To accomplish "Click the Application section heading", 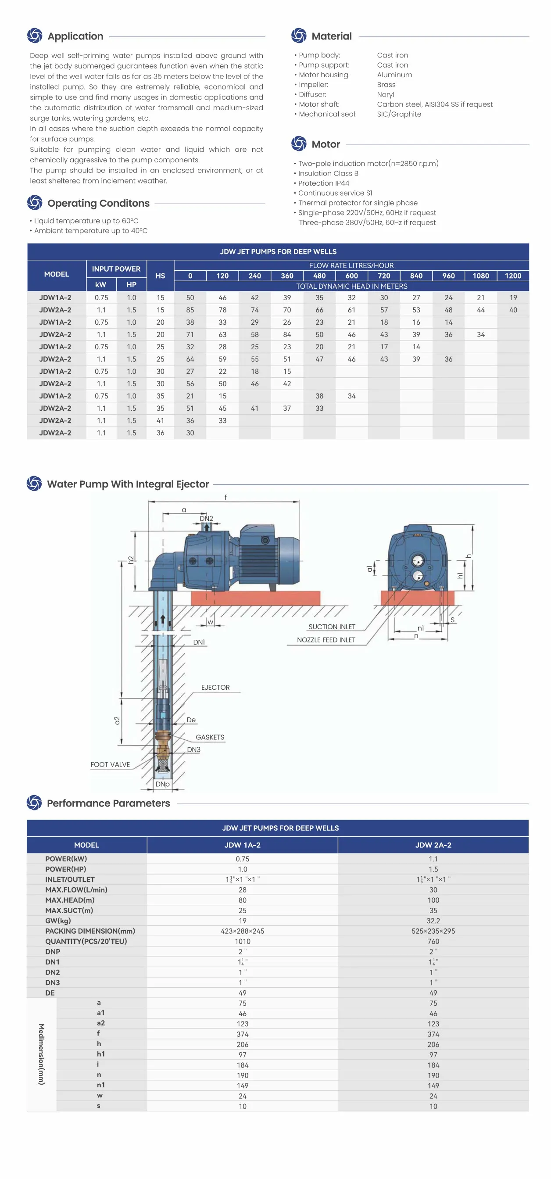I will pyautogui.click(x=75, y=36).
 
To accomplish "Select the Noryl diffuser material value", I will pyautogui.click(x=385, y=94).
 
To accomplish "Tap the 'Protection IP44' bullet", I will pyautogui.click(x=324, y=183).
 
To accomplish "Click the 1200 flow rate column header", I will pyautogui.click(x=512, y=276).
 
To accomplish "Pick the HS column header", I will pyautogui.click(x=160, y=276).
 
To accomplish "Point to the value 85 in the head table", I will pyautogui.click(x=190, y=310).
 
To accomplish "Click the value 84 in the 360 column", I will pyautogui.click(x=287, y=334).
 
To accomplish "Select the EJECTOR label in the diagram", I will pyautogui.click(x=215, y=688).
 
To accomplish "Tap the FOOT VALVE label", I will pyautogui.click(x=110, y=764).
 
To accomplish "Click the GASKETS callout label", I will pyautogui.click(x=210, y=737).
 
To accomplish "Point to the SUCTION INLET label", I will pyautogui.click(x=332, y=627).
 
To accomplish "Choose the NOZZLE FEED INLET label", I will pyautogui.click(x=326, y=640).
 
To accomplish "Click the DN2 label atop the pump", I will pyautogui.click(x=206, y=519).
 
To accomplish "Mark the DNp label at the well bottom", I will pyautogui.click(x=162, y=784).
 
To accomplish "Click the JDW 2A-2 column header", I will pyautogui.click(x=433, y=845).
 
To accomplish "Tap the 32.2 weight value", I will pyautogui.click(x=433, y=921).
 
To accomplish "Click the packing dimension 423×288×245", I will pyautogui.click(x=243, y=931).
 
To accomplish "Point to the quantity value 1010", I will pyautogui.click(x=243, y=941).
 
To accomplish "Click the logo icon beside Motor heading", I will pyautogui.click(x=298, y=144).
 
